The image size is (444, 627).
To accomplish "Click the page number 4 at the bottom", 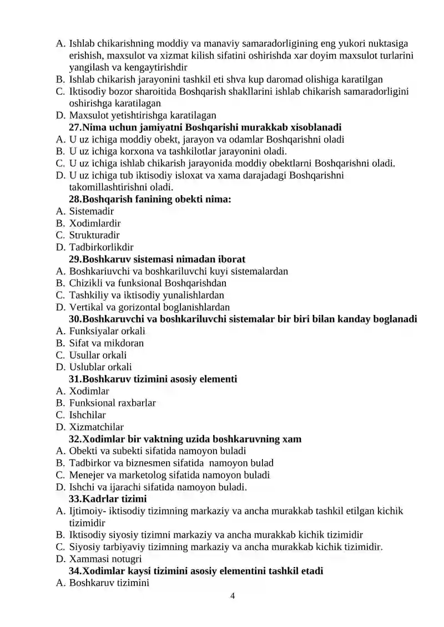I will (233, 596).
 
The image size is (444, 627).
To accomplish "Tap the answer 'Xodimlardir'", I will (95, 223).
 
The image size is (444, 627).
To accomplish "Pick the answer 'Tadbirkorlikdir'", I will (101, 247).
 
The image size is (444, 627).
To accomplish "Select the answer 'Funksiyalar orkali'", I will (107, 331).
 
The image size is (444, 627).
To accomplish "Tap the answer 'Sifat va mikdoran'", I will (107, 343).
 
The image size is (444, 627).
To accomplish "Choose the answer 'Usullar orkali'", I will (98, 355).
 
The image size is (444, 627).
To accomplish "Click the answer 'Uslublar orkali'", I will (100, 367).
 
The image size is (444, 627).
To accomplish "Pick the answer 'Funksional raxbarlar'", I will (113, 403).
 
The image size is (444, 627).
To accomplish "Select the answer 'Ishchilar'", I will (88, 415).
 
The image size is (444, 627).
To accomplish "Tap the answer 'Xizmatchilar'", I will (97, 427).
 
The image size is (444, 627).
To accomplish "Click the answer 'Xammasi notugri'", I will (105, 559).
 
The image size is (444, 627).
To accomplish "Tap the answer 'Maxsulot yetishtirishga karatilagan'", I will (143, 115).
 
